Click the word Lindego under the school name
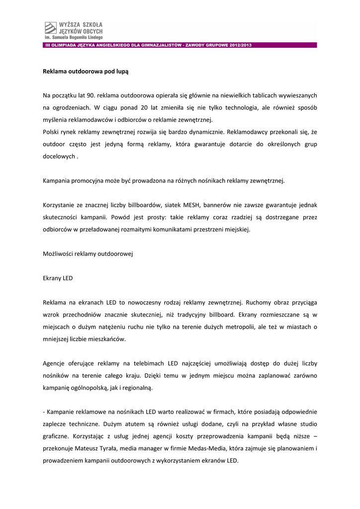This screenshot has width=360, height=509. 92,37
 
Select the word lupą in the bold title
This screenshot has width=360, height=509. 122,72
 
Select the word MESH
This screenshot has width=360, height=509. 192,205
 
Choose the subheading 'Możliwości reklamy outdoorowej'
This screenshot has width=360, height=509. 88,254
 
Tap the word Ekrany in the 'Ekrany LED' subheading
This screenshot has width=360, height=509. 52,278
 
